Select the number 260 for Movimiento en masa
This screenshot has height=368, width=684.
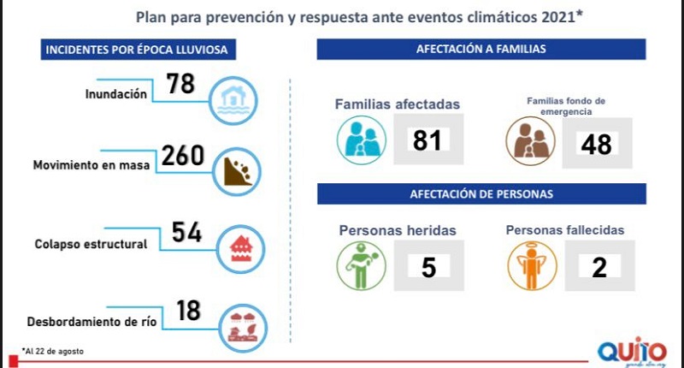[x=182, y=156]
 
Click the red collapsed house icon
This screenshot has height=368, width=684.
[x=242, y=246]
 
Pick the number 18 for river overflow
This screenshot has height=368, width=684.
[x=189, y=310]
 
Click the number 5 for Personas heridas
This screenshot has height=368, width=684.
[x=428, y=267]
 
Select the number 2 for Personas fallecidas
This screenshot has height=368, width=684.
[x=598, y=266]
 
